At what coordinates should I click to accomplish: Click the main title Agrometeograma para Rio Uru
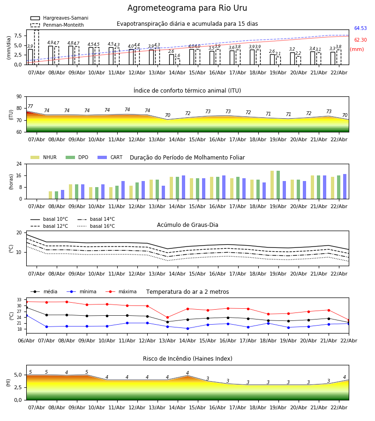(x=187, y=8)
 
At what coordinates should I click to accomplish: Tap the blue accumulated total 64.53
(x=360, y=29)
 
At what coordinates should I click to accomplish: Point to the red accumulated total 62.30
(x=360, y=40)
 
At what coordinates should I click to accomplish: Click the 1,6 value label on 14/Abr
(x=177, y=56)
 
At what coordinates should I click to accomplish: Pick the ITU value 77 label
(x=30, y=107)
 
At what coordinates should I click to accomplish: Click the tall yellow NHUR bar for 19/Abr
(x=272, y=185)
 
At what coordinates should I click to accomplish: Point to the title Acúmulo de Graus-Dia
(x=187, y=225)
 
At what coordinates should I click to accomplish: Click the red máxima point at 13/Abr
(x=167, y=317)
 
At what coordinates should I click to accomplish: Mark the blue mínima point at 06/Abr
(x=26, y=315)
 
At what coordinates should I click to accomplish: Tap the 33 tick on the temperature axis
(x=19, y=300)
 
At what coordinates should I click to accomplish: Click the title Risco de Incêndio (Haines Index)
(x=187, y=359)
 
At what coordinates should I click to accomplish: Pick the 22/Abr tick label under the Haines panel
(x=339, y=407)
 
